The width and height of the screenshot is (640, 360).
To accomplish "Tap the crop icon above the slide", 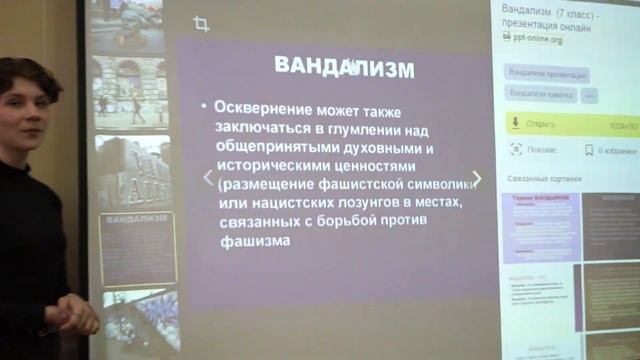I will (201, 24).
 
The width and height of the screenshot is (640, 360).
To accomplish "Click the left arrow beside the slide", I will (208, 178).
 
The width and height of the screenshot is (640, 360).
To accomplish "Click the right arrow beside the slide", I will (476, 179).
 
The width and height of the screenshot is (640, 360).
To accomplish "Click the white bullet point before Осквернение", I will (203, 106).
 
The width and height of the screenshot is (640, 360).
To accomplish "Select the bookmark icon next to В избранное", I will (588, 150).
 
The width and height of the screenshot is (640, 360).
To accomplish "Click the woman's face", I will (25, 105).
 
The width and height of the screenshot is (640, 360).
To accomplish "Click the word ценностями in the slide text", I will (346, 165).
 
